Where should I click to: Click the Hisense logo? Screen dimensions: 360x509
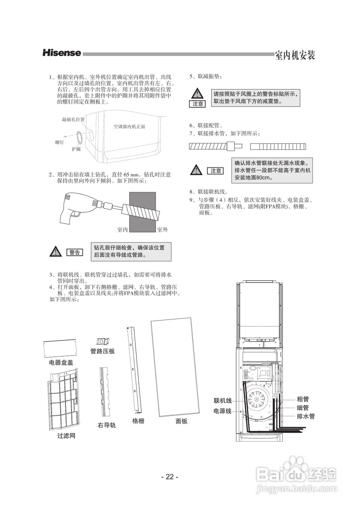coord(62,53)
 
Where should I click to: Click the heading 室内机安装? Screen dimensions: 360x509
coord(295,56)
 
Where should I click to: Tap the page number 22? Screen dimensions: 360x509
coord(170,477)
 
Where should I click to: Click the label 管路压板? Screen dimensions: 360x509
coord(103,351)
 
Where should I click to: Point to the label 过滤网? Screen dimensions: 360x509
coord(66,436)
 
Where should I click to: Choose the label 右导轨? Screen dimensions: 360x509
coord(107,425)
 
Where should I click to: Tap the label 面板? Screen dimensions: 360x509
coord(181,422)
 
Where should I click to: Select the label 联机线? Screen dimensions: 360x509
coord(222,400)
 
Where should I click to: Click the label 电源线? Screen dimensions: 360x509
coord(222,411)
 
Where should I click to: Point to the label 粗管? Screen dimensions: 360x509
coord(303,399)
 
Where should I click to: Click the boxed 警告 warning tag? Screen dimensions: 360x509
coord(74,252)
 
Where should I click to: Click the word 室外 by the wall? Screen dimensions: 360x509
coord(162,229)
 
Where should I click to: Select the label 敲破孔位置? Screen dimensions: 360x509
coord(73,119)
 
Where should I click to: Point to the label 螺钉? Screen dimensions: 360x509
coord(59,142)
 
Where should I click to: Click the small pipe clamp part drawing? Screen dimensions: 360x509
coord(103,341)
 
